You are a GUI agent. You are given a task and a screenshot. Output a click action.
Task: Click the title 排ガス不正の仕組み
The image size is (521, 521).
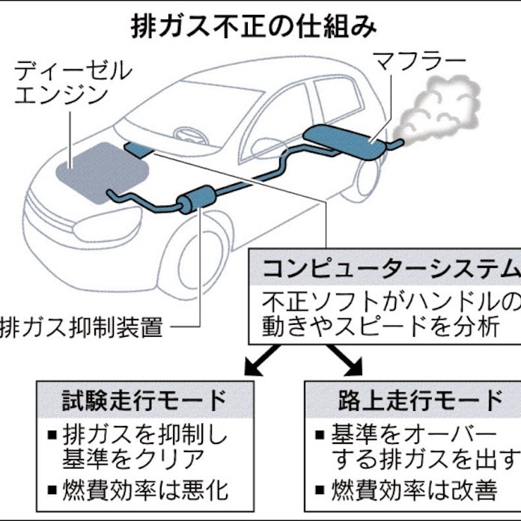(x=254, y=25)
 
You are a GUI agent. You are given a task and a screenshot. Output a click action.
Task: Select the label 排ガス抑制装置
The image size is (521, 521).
(x=82, y=327)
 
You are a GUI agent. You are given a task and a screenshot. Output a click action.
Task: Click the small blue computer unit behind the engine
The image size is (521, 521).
(x=137, y=149)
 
